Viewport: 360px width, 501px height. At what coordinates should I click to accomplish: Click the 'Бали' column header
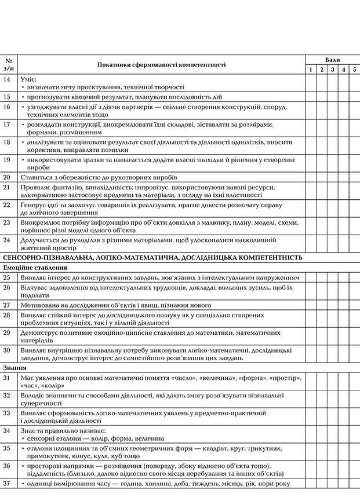333,60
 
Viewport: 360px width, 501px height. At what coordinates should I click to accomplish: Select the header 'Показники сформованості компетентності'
161,65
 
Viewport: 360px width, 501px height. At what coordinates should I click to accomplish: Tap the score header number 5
354,70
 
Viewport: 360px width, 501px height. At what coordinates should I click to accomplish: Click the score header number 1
311,70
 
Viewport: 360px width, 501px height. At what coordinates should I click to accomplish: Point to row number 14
7,78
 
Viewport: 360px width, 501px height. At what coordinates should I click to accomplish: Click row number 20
7,177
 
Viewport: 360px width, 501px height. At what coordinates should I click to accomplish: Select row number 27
7,305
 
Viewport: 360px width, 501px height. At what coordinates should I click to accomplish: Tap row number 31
7,378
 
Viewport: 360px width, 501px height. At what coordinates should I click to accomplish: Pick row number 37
7,484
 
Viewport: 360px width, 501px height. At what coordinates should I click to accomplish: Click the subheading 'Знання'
16,367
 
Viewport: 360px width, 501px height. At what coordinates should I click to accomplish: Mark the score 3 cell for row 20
333,177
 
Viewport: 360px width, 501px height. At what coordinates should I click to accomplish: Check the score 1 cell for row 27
311,305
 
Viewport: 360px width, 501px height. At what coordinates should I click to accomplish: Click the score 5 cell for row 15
354,97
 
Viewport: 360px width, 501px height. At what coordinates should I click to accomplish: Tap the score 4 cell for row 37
344,484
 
